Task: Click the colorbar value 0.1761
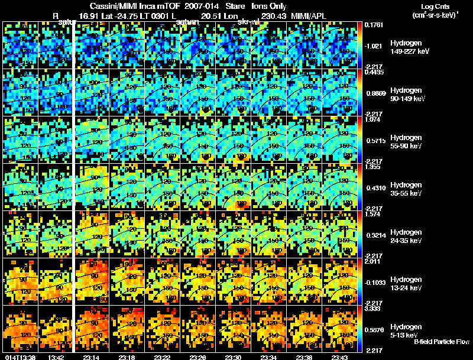tap(375, 25)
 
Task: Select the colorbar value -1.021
tap(375, 46)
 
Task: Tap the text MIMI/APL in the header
tap(306, 17)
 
